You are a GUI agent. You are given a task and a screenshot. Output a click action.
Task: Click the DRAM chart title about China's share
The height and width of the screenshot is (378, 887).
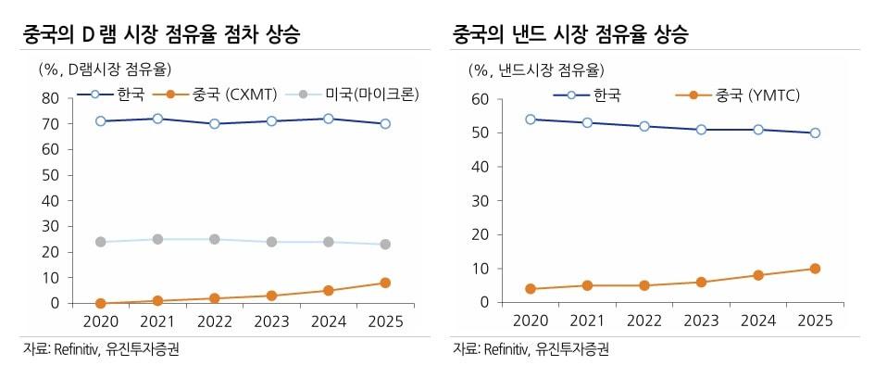click(x=163, y=36)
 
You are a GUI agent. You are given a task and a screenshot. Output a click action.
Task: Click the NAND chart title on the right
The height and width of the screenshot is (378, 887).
click(x=570, y=36)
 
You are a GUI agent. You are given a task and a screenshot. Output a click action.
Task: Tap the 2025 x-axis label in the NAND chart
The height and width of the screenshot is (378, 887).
click(x=814, y=321)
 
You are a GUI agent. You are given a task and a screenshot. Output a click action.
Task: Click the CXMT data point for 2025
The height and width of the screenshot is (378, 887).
click(x=385, y=283)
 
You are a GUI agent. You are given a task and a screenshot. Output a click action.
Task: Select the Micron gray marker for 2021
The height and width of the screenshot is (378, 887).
click(x=158, y=239)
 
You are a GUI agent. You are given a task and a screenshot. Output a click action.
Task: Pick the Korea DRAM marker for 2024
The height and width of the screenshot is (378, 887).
click(x=329, y=119)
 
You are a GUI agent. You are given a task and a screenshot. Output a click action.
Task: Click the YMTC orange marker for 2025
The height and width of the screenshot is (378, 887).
click(x=814, y=269)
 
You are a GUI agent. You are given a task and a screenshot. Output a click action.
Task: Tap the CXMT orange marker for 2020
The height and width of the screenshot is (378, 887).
click(x=101, y=303)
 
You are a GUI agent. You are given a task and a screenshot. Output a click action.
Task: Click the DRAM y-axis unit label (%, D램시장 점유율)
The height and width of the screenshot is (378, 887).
click(x=105, y=69)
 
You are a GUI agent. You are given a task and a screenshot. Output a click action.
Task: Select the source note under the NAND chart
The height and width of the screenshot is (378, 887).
click(x=531, y=349)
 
